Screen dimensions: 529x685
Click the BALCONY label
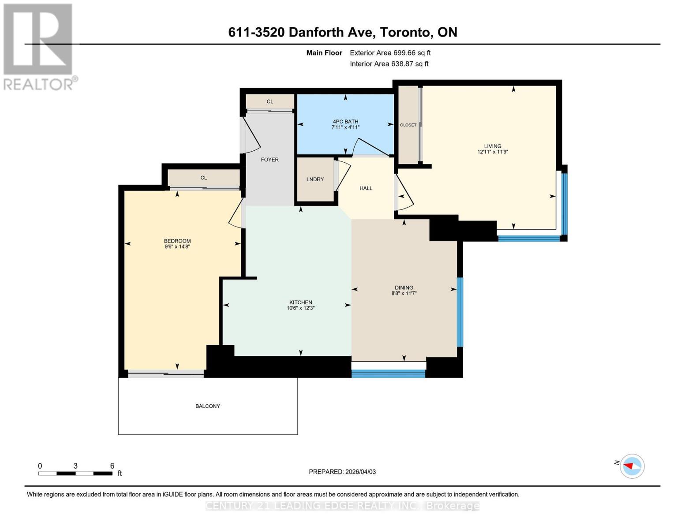(x=207, y=406)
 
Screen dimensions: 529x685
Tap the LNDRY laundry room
(x=315, y=179)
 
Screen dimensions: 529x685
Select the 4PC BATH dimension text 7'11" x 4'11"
(x=345, y=127)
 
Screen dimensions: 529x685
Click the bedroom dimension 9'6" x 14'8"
(x=177, y=247)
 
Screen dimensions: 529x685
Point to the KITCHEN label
(x=300, y=302)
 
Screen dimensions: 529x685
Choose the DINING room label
(x=404, y=287)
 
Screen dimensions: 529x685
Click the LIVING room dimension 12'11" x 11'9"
(x=492, y=152)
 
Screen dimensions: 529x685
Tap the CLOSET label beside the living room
(x=408, y=125)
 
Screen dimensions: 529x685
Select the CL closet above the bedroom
(x=203, y=178)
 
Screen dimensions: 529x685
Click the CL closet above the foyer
(x=270, y=101)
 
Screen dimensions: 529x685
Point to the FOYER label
(x=270, y=160)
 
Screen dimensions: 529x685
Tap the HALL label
(x=366, y=188)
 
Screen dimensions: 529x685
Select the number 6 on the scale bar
(x=112, y=466)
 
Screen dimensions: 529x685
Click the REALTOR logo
(x=38, y=46)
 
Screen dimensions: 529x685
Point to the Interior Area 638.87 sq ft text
(x=389, y=64)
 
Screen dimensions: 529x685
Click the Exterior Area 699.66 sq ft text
(x=390, y=53)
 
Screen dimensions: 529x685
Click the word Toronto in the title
(x=405, y=32)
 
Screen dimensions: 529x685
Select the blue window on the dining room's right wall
(x=460, y=312)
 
